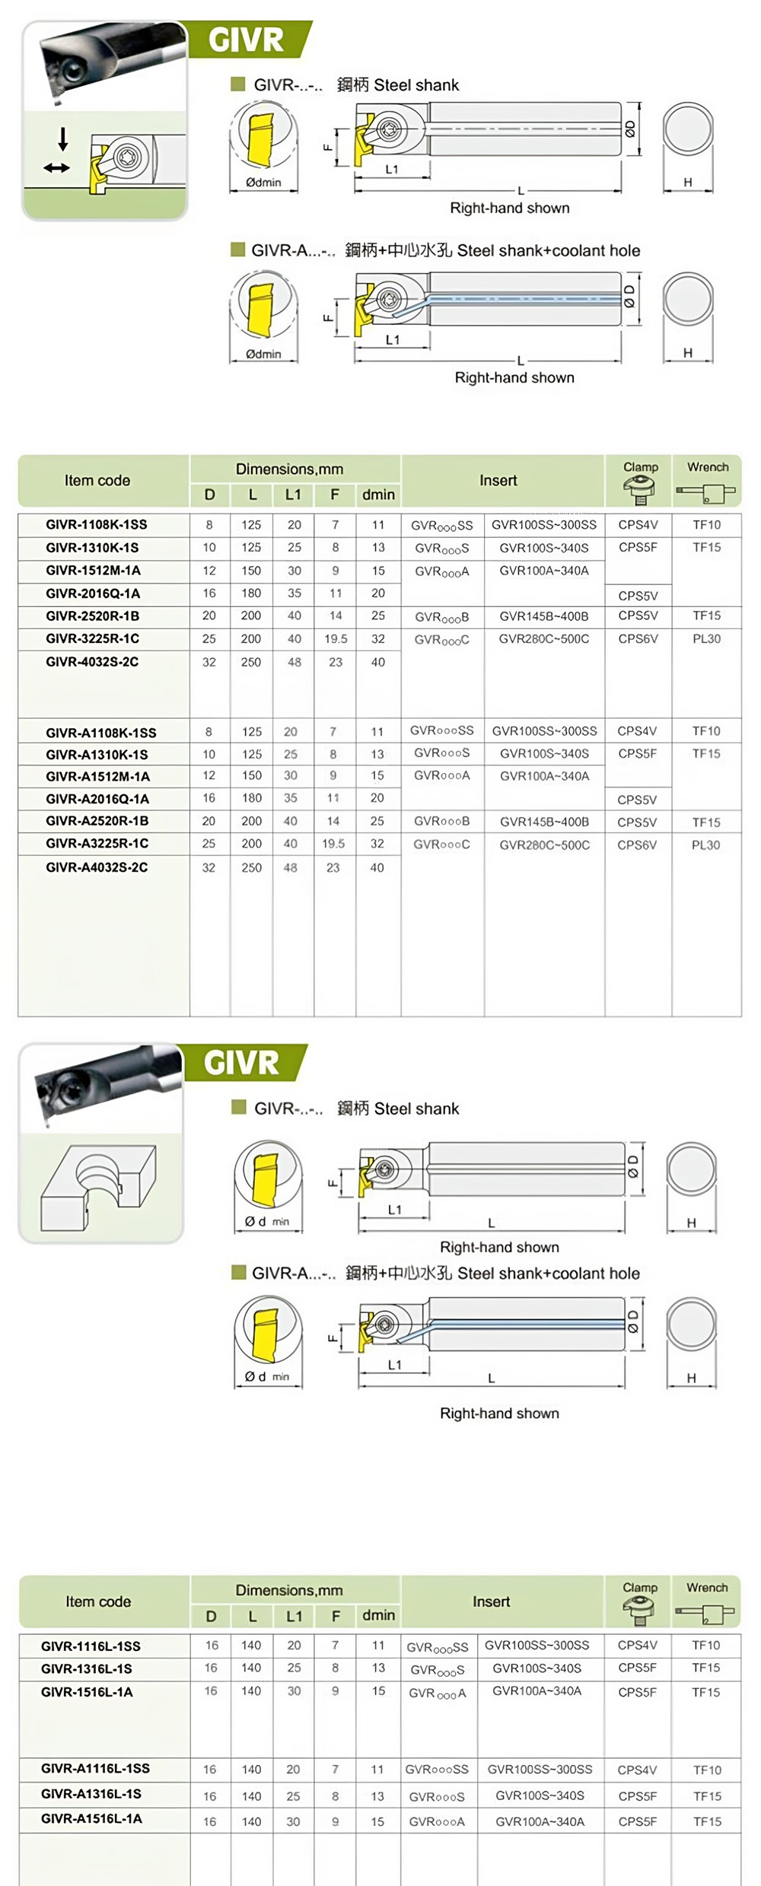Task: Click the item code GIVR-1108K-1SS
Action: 96,525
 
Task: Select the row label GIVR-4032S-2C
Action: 92,662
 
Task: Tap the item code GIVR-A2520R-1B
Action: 97,821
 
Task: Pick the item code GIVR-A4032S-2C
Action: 97,867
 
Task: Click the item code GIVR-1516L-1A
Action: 87,1692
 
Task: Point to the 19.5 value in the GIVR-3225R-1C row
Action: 336,639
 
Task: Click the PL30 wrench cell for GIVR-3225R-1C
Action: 706,639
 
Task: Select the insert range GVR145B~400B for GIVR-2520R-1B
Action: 543,616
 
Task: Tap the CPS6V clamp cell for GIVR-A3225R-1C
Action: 637,845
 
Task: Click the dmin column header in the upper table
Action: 378,495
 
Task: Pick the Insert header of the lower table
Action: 491,1602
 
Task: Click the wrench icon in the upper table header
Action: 706,494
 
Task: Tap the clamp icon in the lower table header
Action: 638,1610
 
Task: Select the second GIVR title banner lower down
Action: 241,1063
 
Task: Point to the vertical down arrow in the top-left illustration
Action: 63,138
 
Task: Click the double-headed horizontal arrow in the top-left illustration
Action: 56,168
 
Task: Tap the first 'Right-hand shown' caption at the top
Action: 509,208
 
